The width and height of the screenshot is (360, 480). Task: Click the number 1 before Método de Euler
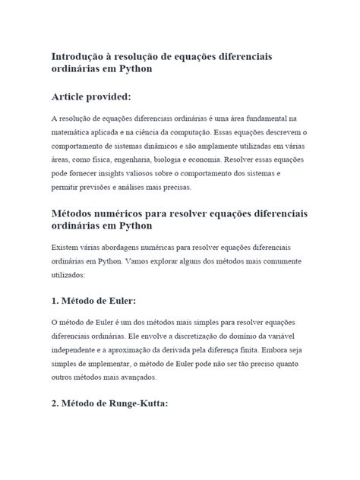pos(54,299)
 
